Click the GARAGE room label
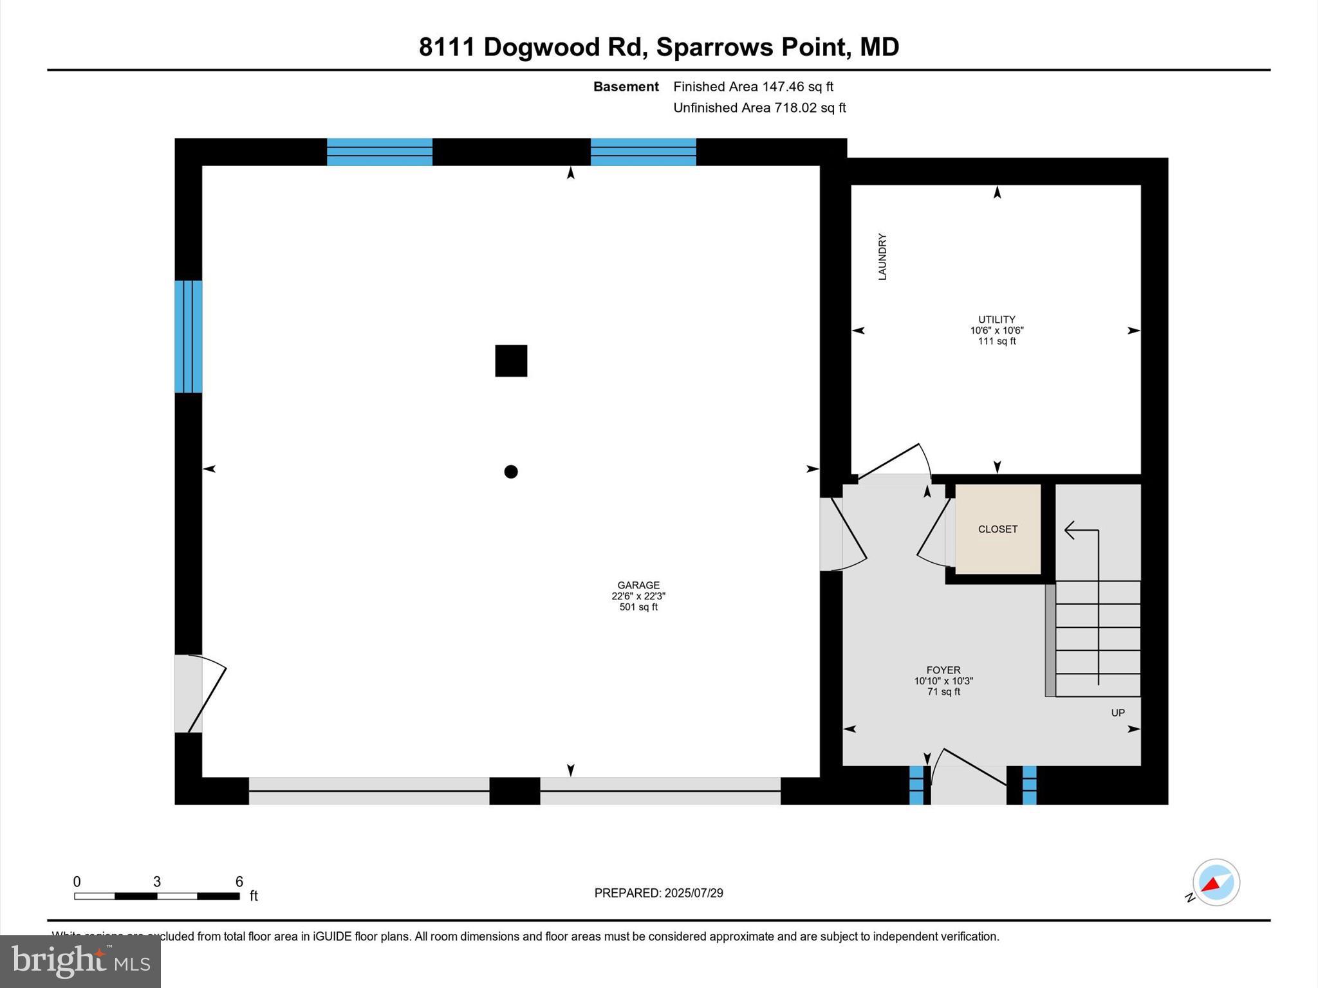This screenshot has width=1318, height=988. click(x=638, y=585)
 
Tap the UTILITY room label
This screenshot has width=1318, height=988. click(x=996, y=320)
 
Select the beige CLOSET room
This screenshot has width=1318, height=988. click(x=998, y=529)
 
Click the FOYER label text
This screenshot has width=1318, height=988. click(x=943, y=670)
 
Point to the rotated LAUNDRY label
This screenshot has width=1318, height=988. click(x=882, y=257)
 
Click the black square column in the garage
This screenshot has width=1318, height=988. click(x=511, y=361)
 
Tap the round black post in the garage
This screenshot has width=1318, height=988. click(x=511, y=471)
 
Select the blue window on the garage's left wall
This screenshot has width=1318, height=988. click(x=189, y=336)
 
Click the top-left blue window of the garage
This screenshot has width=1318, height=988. click(x=380, y=152)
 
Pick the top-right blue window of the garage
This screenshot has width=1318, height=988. click(x=643, y=152)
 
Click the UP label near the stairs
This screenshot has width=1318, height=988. click(x=1118, y=713)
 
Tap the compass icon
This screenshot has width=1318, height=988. click(x=1216, y=883)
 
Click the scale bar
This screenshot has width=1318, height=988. click(x=157, y=896)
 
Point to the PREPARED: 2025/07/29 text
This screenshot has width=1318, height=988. click(x=658, y=893)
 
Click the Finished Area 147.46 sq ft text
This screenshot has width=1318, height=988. click(x=753, y=87)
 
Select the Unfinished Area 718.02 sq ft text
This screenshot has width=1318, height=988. click(x=759, y=108)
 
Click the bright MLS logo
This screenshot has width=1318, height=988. click(x=80, y=962)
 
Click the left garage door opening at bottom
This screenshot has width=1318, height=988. click(x=369, y=791)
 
